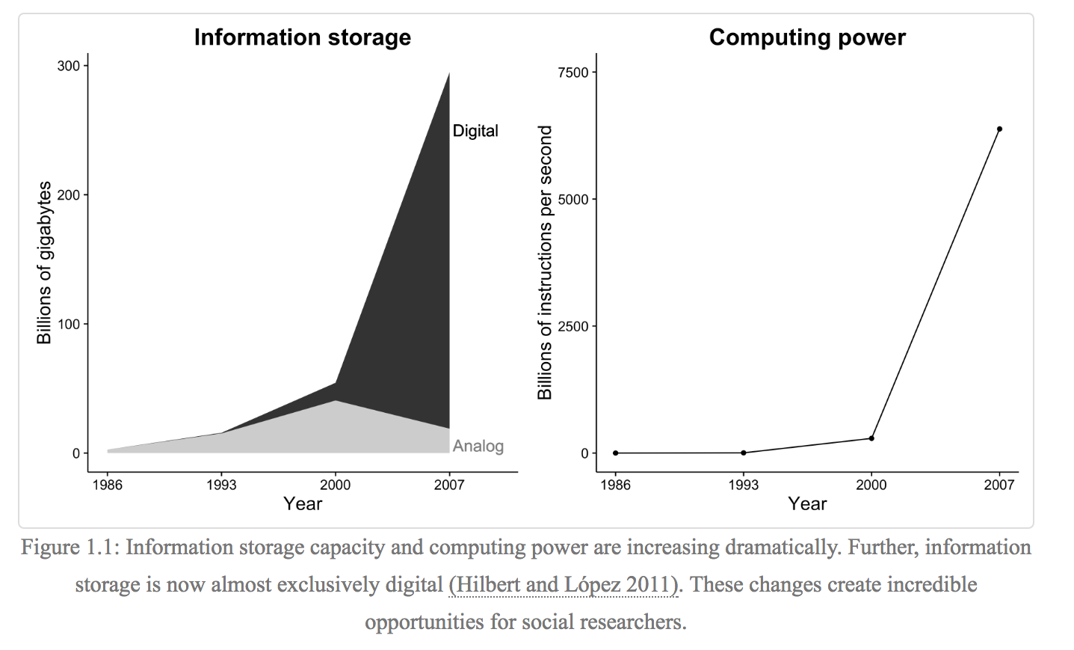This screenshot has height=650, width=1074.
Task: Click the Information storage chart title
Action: point(302,37)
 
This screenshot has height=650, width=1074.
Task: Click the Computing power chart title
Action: point(807,37)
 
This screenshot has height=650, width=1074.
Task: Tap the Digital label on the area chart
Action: point(475,131)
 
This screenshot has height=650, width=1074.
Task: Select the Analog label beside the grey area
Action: point(478,447)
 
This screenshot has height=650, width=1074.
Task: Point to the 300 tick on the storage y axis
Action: point(69,66)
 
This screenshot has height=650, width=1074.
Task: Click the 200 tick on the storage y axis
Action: point(69,195)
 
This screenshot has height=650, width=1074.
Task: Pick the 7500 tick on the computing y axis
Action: point(573,73)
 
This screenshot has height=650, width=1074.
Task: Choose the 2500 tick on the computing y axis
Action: point(573,327)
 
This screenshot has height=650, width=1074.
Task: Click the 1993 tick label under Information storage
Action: point(221,485)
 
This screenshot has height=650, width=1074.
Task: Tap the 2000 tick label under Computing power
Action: point(871,485)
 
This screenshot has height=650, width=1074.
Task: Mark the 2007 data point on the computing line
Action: point(999,129)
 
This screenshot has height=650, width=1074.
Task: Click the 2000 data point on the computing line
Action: point(871,438)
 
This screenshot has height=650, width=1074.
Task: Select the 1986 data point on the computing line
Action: point(616,453)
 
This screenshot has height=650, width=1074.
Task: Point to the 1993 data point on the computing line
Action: point(744,453)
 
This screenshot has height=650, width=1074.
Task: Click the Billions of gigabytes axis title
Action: point(45,263)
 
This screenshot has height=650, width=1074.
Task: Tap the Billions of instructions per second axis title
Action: point(545,263)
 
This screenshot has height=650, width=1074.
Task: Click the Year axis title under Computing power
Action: point(807,503)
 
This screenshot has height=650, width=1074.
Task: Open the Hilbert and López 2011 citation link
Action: point(564,584)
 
